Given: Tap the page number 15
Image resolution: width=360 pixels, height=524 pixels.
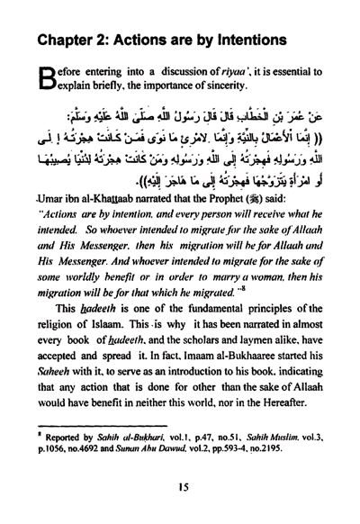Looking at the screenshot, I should point(180,507).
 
